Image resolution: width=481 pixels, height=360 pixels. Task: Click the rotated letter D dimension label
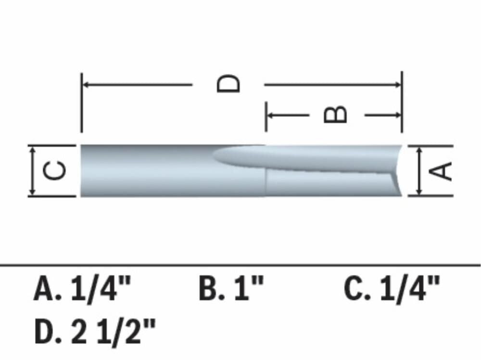pos(228,84)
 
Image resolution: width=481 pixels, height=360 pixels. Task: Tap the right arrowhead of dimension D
pos(398,85)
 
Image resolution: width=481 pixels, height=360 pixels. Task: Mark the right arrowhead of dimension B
pos(398,115)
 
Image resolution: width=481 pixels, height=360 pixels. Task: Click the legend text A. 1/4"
pos(82,289)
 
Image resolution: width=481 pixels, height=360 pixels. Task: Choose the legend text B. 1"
pos(231,289)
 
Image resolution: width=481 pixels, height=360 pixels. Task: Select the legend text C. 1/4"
pos(392,289)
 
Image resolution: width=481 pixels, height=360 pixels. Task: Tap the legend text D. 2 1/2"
pos(95,332)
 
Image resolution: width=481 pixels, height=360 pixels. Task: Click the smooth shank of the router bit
pos(144,171)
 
